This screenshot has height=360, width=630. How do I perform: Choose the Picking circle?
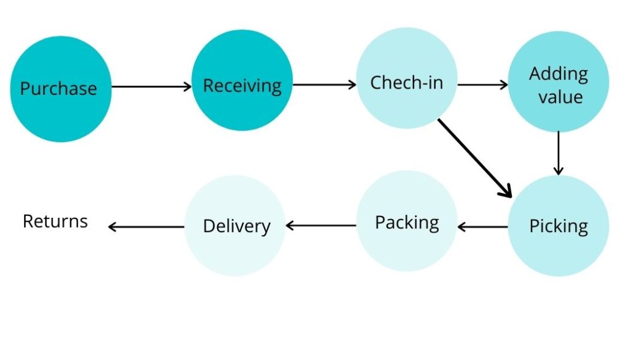(558, 225)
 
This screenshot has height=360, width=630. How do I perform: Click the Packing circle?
(407, 222)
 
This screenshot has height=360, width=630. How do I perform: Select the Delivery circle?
(236, 225)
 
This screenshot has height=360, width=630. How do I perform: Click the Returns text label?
(55, 221)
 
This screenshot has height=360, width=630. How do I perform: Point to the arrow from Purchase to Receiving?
(151, 87)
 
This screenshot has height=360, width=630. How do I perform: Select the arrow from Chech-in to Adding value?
(482, 85)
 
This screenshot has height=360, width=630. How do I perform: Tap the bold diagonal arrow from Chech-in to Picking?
(474, 158)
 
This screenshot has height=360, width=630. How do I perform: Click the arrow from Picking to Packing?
(482, 227)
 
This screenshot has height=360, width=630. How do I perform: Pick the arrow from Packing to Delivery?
(321, 226)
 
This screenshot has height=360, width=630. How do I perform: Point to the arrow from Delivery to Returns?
(146, 226)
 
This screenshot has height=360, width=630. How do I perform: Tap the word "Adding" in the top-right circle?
(559, 74)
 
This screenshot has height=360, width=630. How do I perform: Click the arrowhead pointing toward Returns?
(112, 226)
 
